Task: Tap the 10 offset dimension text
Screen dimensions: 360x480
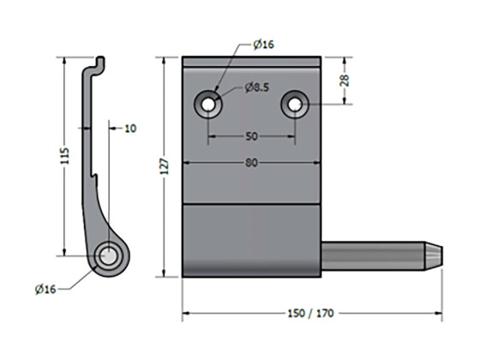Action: tap(130, 129)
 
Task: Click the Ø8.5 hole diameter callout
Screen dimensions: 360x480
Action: tap(258, 87)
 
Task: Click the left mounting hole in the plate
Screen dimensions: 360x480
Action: tap(209, 104)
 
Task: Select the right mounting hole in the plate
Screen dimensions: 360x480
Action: tap(295, 104)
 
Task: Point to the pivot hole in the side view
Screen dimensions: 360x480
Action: tap(109, 255)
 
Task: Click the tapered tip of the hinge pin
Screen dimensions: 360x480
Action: tap(435, 255)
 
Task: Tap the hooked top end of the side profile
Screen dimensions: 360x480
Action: tap(99, 63)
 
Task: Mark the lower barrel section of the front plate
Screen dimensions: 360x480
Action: tap(252, 240)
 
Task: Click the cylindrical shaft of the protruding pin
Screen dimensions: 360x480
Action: tap(373, 255)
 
